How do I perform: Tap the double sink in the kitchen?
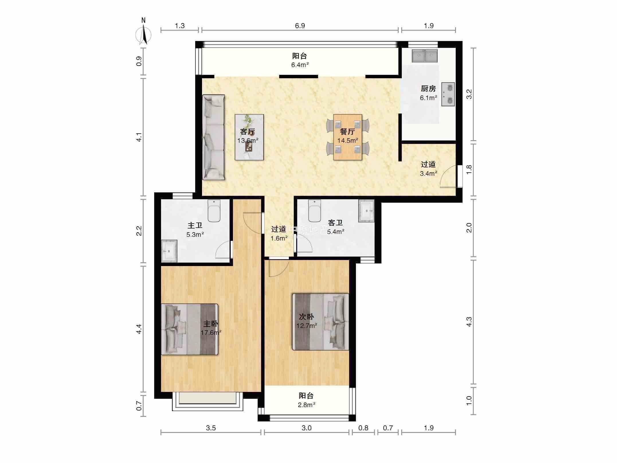pos(425,56)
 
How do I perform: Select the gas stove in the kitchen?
pos(448,94)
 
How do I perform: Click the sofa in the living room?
pos(213,137)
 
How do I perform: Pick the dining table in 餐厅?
pos(348,137)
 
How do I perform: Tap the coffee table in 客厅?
pos(249,137)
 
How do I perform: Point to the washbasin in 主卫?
pos(169,251)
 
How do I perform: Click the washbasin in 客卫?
pos(367,211)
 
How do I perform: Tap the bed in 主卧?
pos(190,329)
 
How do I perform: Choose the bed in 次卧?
pos(321,322)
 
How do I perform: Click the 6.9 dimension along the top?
pos(300,26)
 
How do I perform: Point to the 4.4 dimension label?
pos(139,329)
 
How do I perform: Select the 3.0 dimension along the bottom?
pos(306,428)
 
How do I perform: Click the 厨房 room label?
pos(428,89)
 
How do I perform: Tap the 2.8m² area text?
pos(306,405)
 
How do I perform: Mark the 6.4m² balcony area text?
pos(300,65)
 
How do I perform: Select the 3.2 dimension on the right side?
pos(469,94)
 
